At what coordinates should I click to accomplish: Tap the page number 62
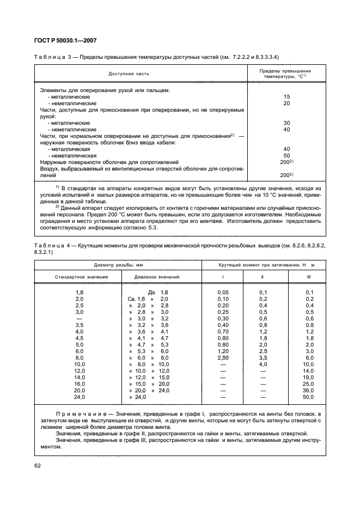38,466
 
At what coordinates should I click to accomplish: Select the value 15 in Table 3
286,96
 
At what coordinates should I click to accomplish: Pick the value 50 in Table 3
286,155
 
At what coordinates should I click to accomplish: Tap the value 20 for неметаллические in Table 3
286,103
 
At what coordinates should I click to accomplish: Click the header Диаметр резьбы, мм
117,265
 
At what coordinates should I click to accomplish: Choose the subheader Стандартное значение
81,277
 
